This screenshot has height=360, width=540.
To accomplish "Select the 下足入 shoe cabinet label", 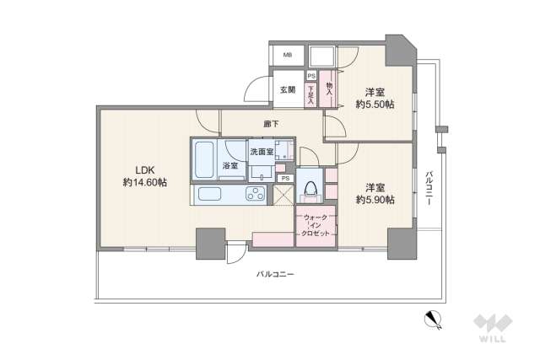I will tap(311, 91).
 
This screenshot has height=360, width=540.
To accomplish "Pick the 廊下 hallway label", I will tap(271, 126).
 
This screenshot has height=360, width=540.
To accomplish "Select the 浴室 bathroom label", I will tap(229, 166).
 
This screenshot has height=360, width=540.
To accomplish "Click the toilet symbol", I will tap(310, 189).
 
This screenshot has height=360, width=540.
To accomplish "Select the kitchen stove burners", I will tap(253, 196).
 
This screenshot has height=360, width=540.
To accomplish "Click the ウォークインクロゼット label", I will tap(316, 228).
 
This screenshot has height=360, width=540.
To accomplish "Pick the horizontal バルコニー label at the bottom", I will tap(276, 275).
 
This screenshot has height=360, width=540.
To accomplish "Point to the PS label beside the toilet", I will tap(285, 179).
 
